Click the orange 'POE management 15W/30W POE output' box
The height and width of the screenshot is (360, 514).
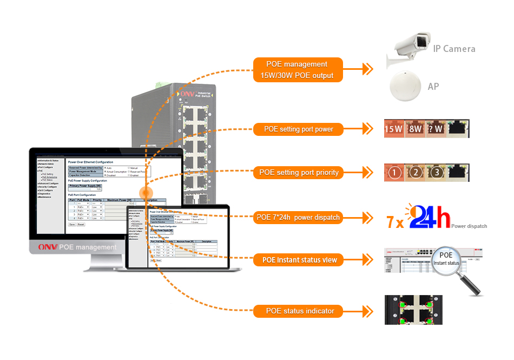(298, 70)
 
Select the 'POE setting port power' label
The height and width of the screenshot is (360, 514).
(298, 129)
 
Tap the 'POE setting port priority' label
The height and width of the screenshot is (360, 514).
(299, 173)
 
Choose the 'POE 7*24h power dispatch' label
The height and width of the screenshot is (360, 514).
(298, 218)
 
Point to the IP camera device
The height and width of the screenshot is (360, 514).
(410, 48)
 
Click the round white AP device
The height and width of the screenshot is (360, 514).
(406, 86)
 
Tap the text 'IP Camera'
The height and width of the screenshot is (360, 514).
(454, 49)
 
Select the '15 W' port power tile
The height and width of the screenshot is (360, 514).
(393, 129)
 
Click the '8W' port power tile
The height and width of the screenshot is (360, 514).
(414, 129)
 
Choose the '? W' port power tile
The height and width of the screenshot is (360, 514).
(436, 129)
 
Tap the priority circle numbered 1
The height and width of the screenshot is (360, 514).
(394, 173)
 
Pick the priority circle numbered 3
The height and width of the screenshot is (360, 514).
(437, 173)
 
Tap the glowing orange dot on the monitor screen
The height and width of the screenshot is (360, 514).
(146, 193)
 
